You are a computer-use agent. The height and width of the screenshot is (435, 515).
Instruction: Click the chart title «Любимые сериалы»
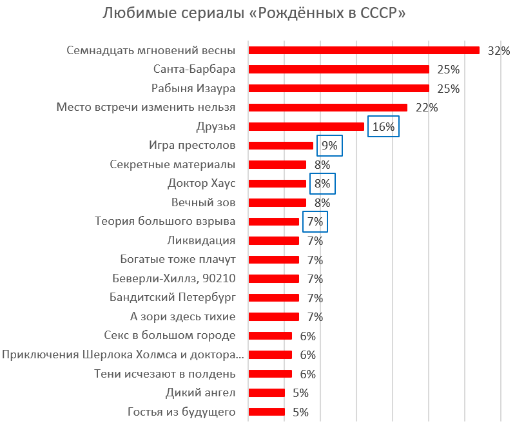(x=255, y=14)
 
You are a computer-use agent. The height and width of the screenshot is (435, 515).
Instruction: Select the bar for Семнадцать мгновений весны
(x=364, y=50)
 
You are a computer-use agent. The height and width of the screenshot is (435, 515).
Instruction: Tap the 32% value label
(x=499, y=51)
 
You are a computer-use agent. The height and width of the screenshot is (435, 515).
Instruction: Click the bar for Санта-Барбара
(x=338, y=70)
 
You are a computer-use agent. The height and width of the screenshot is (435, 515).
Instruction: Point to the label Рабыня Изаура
(x=193, y=88)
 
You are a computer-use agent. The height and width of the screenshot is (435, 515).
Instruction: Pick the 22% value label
(x=427, y=108)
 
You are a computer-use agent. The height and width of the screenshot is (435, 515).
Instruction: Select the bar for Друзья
(x=306, y=126)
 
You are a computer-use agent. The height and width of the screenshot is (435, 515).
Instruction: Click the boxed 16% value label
(x=384, y=127)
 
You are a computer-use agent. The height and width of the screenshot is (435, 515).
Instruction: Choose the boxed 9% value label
(x=329, y=146)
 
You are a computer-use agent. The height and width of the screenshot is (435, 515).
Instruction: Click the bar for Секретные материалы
(x=277, y=164)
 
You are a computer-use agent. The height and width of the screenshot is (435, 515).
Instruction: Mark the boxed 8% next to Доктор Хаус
(x=322, y=184)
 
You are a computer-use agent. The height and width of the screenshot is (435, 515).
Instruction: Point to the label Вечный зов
(x=199, y=202)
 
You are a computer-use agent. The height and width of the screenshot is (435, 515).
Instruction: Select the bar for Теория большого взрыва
(x=273, y=222)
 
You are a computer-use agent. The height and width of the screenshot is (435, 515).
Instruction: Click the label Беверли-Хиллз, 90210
(x=173, y=278)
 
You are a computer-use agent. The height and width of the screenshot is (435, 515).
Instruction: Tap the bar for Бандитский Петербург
(x=273, y=298)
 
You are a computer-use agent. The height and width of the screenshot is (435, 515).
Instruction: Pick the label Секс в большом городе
(x=170, y=335)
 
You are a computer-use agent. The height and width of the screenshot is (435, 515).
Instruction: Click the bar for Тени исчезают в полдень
(x=270, y=374)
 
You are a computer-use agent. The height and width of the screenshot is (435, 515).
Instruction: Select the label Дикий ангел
(x=201, y=392)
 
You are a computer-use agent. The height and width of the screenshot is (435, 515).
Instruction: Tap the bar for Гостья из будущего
(x=266, y=412)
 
